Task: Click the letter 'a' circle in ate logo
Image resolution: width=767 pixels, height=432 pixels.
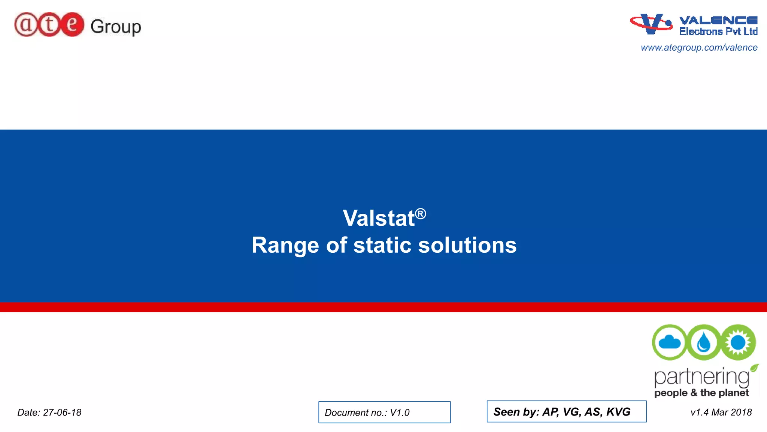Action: coord(26,25)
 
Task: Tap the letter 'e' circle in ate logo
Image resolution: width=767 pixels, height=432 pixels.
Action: coord(72,25)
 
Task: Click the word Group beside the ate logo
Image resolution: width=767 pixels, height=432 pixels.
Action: coord(116,27)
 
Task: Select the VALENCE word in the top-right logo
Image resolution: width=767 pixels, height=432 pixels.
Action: coord(718,20)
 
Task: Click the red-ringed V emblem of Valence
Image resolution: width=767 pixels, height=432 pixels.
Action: coord(651,24)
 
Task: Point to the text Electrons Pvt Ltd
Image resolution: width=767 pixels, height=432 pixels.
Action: coord(718,31)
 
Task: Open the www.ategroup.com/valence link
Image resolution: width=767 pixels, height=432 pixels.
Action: coord(699,48)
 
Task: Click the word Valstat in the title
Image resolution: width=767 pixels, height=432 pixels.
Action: coord(379,218)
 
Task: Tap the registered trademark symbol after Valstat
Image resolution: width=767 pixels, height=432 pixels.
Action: coord(421,214)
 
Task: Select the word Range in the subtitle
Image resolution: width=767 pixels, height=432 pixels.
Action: coord(285,246)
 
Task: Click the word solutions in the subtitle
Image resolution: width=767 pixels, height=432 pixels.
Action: coord(467,246)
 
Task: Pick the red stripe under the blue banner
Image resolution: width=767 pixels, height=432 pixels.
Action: coord(383,307)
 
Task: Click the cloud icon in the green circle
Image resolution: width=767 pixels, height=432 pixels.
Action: coord(669,342)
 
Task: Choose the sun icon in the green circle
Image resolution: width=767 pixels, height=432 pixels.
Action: coord(738,342)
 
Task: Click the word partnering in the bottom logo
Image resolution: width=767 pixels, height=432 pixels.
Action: coord(701,377)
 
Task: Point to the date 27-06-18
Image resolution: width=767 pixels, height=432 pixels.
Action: coord(62,412)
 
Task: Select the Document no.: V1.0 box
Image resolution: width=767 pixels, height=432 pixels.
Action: coord(384,412)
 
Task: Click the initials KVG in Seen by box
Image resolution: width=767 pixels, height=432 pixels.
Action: coord(618,412)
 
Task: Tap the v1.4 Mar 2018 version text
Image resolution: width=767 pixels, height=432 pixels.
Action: coord(721,412)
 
